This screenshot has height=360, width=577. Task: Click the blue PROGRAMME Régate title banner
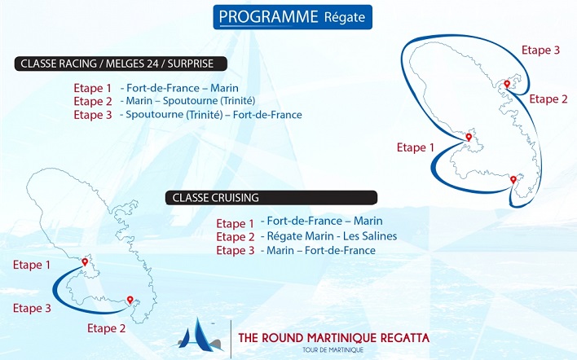[x=293, y=17]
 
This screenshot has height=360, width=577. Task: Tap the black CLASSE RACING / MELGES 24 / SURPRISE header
[x=121, y=64]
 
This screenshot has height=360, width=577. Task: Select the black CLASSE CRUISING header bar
[x=271, y=198]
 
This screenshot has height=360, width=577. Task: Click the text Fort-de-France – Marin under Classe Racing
[x=183, y=88]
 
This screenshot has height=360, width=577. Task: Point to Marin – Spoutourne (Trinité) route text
[x=190, y=101]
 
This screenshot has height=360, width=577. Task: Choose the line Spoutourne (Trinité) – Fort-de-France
[x=214, y=115]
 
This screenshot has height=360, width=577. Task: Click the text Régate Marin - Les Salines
[x=332, y=236]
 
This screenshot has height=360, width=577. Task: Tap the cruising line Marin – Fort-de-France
[x=321, y=251]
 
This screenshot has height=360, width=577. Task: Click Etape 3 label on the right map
[x=540, y=50]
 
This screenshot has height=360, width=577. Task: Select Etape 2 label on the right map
[x=548, y=99]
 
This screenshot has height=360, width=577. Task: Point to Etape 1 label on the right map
[x=416, y=147]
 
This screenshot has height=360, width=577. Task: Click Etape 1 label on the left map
[x=32, y=265]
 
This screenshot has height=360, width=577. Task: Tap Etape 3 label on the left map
[x=32, y=308]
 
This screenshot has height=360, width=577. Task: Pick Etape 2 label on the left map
[x=106, y=328]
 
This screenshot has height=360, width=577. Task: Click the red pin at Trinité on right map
[x=507, y=84]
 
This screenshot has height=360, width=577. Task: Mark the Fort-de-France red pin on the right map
[x=469, y=138]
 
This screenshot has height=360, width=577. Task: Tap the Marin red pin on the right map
[x=513, y=180]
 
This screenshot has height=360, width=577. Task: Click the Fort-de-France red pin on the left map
[x=85, y=262]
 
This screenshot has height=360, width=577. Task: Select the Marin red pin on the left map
[x=130, y=300]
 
